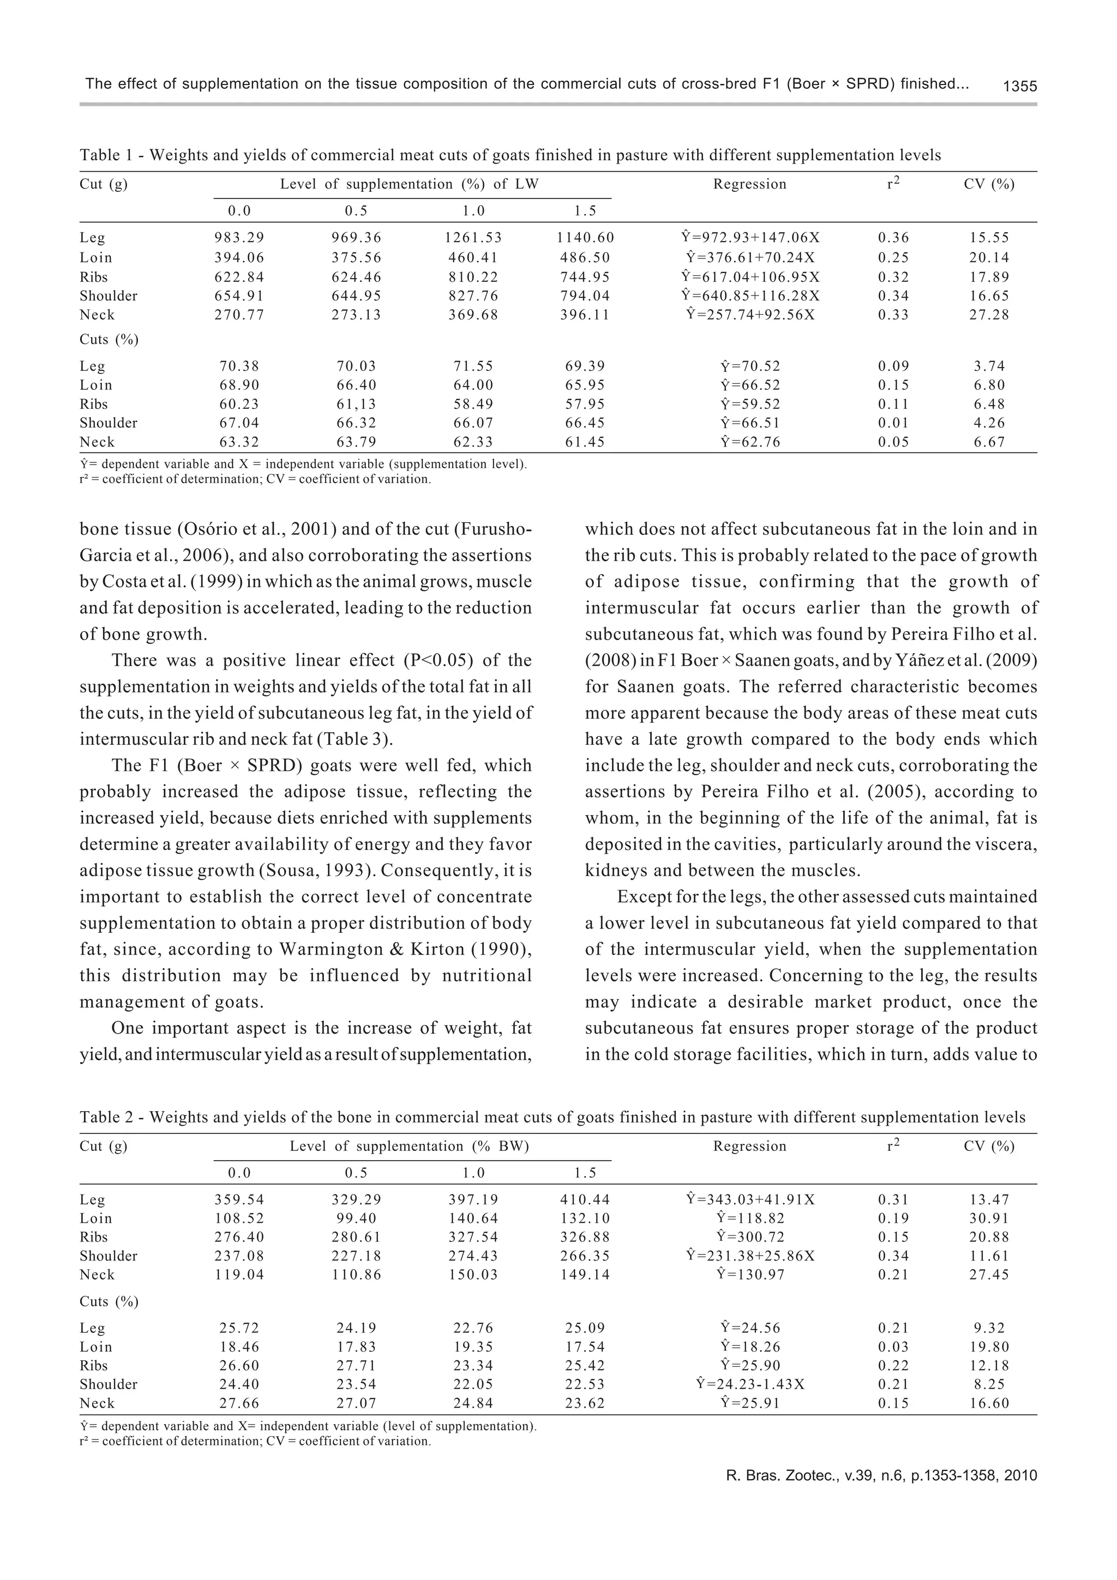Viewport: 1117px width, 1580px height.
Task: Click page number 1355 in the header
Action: (x=1019, y=87)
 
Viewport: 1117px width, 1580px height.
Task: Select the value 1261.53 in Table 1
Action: (x=473, y=238)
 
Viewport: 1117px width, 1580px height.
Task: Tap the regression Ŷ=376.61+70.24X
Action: (x=750, y=257)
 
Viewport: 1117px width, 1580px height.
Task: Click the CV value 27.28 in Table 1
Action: (x=989, y=315)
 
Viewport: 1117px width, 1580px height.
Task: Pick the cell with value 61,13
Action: (x=356, y=405)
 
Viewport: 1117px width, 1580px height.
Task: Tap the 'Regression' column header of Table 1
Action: (x=749, y=184)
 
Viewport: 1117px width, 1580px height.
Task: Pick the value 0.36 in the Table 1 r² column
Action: (x=893, y=238)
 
